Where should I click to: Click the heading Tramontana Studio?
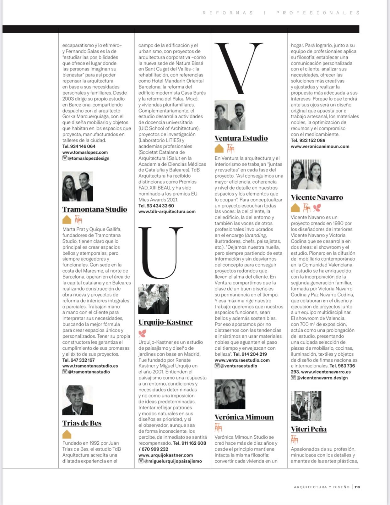pos(95,209)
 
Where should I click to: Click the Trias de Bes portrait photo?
pos(78,400)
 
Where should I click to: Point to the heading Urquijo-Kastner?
pos(165,322)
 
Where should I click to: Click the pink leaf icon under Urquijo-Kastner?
pos(142,333)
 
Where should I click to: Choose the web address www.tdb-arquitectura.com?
pos(167,212)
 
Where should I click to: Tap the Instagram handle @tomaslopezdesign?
pos(88,158)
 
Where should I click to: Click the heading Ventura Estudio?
pos(241,138)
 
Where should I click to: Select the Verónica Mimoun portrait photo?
pos(230,394)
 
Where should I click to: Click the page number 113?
pos(357,487)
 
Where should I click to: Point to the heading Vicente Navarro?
pos(317,197)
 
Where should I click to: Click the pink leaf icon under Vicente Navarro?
pos(317,208)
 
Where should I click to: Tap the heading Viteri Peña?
pos(309,429)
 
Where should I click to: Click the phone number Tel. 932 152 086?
pos(308,141)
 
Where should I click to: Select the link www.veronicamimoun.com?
pos(320,147)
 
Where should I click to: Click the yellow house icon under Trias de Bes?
pos(67,434)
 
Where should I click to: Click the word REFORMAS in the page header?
pos(228,13)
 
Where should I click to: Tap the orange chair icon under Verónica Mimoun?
pos(218,428)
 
